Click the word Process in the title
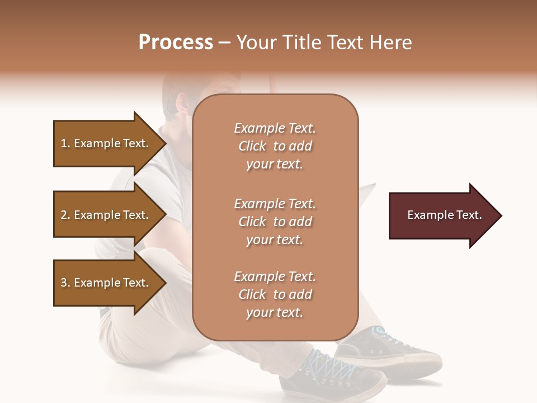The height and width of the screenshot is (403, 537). click(176, 43)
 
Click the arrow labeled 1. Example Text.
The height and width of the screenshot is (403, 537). click(106, 143)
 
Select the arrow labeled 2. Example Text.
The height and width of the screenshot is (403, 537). click(106, 215)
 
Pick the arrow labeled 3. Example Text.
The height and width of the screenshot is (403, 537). click(106, 283)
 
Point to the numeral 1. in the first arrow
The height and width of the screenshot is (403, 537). click(65, 143)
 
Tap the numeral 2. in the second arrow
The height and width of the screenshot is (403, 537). click(65, 215)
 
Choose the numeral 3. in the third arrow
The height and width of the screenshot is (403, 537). click(65, 283)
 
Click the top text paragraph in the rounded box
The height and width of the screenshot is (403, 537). click(275, 146)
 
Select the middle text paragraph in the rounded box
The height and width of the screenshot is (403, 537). click(275, 222)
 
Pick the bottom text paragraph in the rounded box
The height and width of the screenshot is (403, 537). click(275, 294)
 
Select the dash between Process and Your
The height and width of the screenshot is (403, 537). click(225, 43)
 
